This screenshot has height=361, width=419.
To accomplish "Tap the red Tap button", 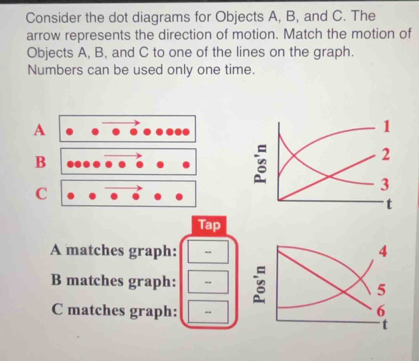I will coord(209,225).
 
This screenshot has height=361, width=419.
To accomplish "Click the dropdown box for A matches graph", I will coord(208,251).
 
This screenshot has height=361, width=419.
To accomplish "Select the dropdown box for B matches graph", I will coord(208,282).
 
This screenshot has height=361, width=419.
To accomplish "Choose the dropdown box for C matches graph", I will coord(208,312).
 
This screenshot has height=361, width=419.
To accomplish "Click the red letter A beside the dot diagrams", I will coord(40,130).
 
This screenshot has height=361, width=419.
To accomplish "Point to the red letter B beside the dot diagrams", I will coord(40,162).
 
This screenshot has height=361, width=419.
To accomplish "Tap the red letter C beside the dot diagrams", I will coord(41,194).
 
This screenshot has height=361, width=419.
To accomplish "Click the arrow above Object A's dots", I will coord(121,123).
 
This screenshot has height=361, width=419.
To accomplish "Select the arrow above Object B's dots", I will coord(123,155).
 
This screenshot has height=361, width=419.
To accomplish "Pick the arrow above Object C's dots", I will coord(124,188).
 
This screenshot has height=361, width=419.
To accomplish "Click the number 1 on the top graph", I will coord(386,126).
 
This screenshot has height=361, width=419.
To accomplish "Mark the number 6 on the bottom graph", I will coord(381,311).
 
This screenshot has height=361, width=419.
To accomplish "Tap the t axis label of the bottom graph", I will coord(385,324).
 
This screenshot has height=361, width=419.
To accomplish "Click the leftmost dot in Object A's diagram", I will coord(69,132).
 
